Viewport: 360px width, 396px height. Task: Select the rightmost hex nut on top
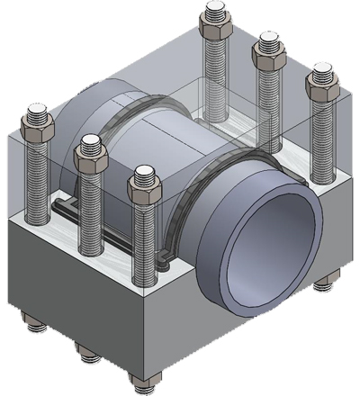pos(320,88)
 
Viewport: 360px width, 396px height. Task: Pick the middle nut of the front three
pos(92,153)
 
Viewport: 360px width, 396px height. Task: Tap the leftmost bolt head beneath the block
pos(28,322)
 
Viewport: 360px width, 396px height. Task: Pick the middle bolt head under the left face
pos(83,350)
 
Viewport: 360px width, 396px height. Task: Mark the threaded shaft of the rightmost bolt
pos(321,135)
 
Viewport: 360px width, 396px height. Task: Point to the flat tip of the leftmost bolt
pos(38,111)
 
